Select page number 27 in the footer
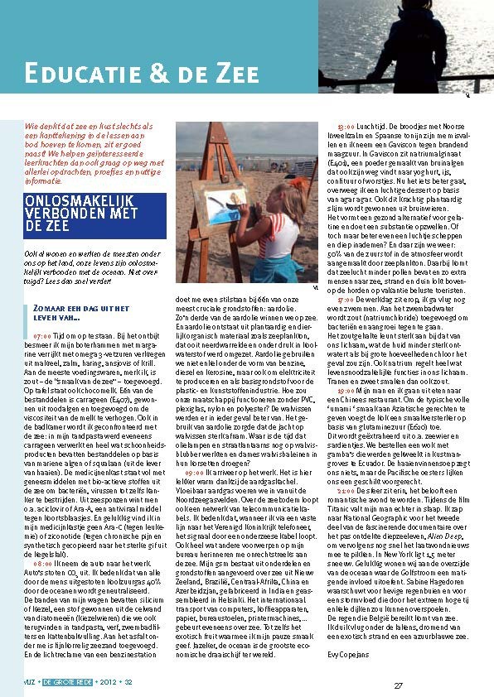398,685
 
